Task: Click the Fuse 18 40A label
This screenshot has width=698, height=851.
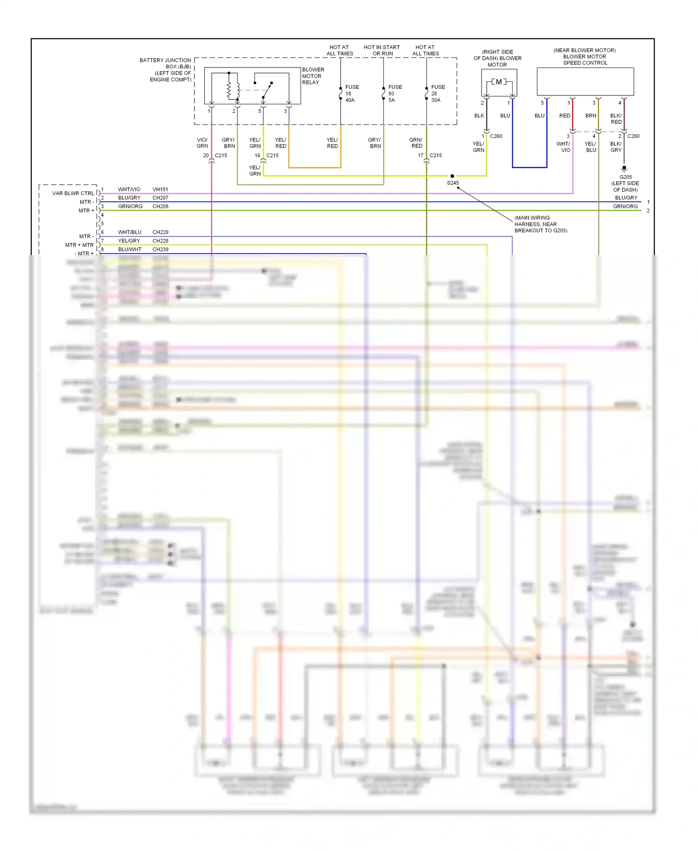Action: coord(351,94)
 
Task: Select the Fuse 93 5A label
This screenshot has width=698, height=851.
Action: coord(395,94)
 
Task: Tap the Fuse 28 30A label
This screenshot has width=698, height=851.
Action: coord(437,94)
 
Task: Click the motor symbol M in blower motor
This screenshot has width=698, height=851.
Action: coord(499,82)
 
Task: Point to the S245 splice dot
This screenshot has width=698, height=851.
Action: coord(452,176)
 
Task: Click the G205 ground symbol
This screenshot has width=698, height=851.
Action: coord(624,169)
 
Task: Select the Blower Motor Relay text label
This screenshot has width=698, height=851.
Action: coord(313,76)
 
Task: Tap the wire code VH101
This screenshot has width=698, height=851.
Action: coord(160,189)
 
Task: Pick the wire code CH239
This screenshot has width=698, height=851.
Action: coord(160,250)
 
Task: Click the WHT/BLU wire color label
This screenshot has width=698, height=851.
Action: coord(129,232)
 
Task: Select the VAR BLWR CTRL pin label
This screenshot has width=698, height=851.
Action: coord(73,193)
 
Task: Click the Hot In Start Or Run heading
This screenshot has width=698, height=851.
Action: coord(382,50)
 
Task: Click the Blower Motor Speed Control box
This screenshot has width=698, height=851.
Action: coord(585,82)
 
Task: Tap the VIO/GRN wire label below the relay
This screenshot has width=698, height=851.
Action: coord(202,143)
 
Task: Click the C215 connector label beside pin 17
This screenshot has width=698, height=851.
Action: coord(436,155)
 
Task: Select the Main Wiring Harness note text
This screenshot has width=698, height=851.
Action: coord(540,224)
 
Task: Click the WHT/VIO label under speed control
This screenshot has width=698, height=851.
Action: coord(564,147)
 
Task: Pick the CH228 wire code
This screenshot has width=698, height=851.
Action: coord(160,241)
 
